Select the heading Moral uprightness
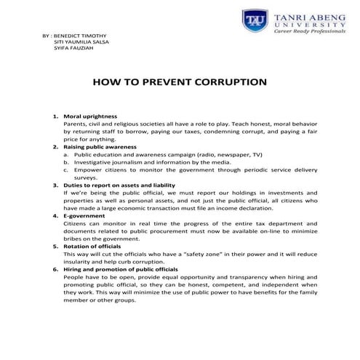pos(90,116)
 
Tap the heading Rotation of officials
pos(95,247)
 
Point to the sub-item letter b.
pos(65,162)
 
